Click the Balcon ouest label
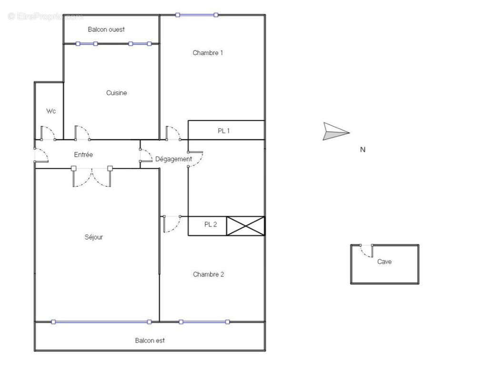pyautogui.click(x=106, y=30)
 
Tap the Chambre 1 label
pyautogui.click(x=208, y=53)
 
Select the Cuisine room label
pyautogui.click(x=117, y=93)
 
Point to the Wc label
pyautogui.click(x=51, y=111)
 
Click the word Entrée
pyautogui.click(x=83, y=155)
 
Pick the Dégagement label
pyautogui.click(x=174, y=159)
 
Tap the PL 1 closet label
pyautogui.click(x=224, y=130)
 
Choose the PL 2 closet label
pyautogui.click(x=210, y=225)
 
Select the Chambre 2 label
pyautogui.click(x=209, y=274)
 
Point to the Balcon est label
pyautogui.click(x=150, y=341)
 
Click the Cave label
pyautogui.click(x=384, y=261)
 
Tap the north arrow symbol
pyautogui.click(x=336, y=131)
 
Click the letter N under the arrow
pyautogui.click(x=362, y=150)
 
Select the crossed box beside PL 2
pyautogui.click(x=245, y=226)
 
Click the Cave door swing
pyautogui.click(x=367, y=251)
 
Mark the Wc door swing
pyautogui.click(x=47, y=133)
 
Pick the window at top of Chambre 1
pyautogui.click(x=197, y=15)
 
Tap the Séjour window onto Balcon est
pyautogui.click(x=101, y=322)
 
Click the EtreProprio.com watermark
pyautogui.click(x=45, y=17)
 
